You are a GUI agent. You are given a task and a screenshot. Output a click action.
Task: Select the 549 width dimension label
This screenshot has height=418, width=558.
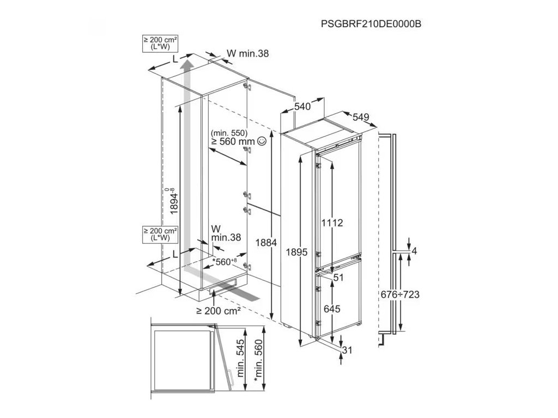pos(361,116)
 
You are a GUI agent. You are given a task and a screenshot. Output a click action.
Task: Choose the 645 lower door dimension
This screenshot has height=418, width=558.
pos(331,309)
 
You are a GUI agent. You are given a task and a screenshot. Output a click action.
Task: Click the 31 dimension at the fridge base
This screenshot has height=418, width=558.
pos(348,350)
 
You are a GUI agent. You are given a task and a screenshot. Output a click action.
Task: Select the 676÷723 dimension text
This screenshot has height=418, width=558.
pos(399,294)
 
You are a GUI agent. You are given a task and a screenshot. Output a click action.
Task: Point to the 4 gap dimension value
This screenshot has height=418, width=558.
pos(414,251)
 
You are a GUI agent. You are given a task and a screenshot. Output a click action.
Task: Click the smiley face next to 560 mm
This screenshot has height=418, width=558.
pos(262,141)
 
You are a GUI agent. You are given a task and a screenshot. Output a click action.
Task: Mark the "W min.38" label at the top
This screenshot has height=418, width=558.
pos(247,53)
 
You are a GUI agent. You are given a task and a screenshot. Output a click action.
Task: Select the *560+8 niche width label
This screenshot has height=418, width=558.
pos(225,262)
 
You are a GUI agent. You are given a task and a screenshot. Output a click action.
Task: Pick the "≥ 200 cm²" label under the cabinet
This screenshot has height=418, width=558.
pos(219,311)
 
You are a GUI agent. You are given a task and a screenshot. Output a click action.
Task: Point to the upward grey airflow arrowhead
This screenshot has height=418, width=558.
pos(186,65)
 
